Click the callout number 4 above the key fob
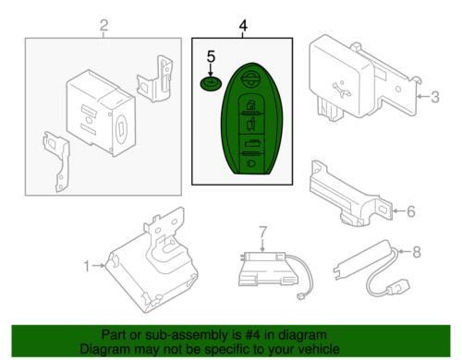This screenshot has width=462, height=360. [x=243, y=28]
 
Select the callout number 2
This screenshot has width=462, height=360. [x=103, y=25]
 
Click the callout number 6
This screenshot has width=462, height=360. [x=411, y=211]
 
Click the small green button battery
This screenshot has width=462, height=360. [x=211, y=83]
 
